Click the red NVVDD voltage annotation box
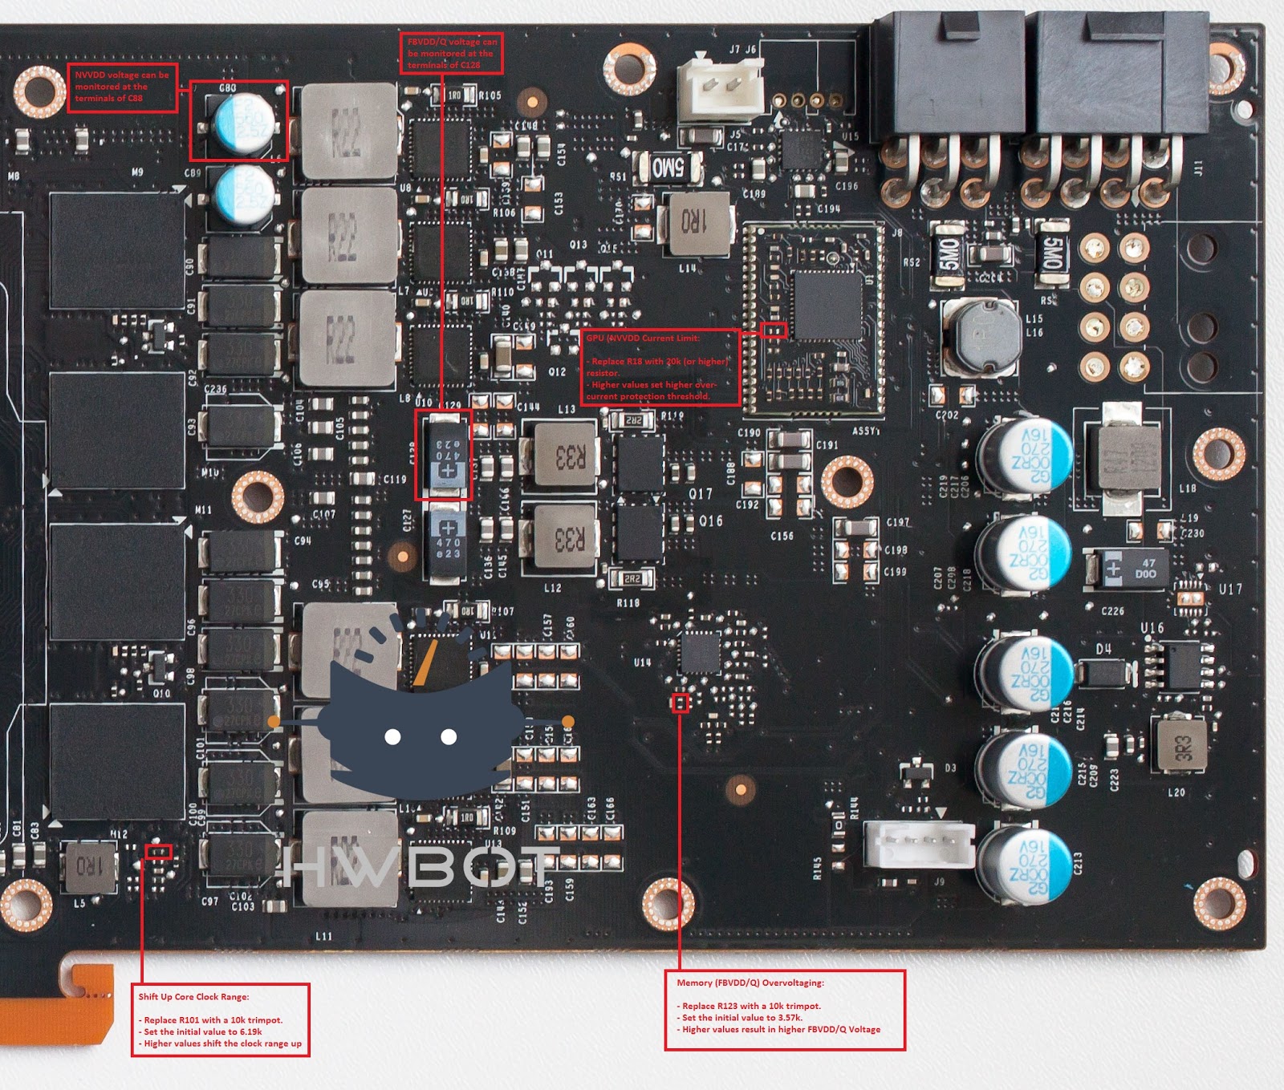(x=122, y=87)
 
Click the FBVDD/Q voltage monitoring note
(x=451, y=53)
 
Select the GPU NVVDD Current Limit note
(x=660, y=367)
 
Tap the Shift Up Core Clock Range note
(x=221, y=1020)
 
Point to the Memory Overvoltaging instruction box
(x=785, y=1010)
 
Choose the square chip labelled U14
(x=699, y=652)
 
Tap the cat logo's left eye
(x=392, y=736)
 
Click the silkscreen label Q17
(x=700, y=494)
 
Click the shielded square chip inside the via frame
(x=827, y=305)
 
